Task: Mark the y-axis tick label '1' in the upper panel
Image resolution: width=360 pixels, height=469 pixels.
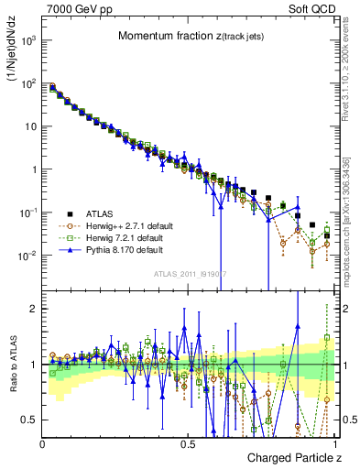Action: coord(35,169)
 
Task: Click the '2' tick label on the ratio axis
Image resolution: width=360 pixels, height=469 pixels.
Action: coord(35,309)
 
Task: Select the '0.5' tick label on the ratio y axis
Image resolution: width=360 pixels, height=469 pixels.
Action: coord(31,420)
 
